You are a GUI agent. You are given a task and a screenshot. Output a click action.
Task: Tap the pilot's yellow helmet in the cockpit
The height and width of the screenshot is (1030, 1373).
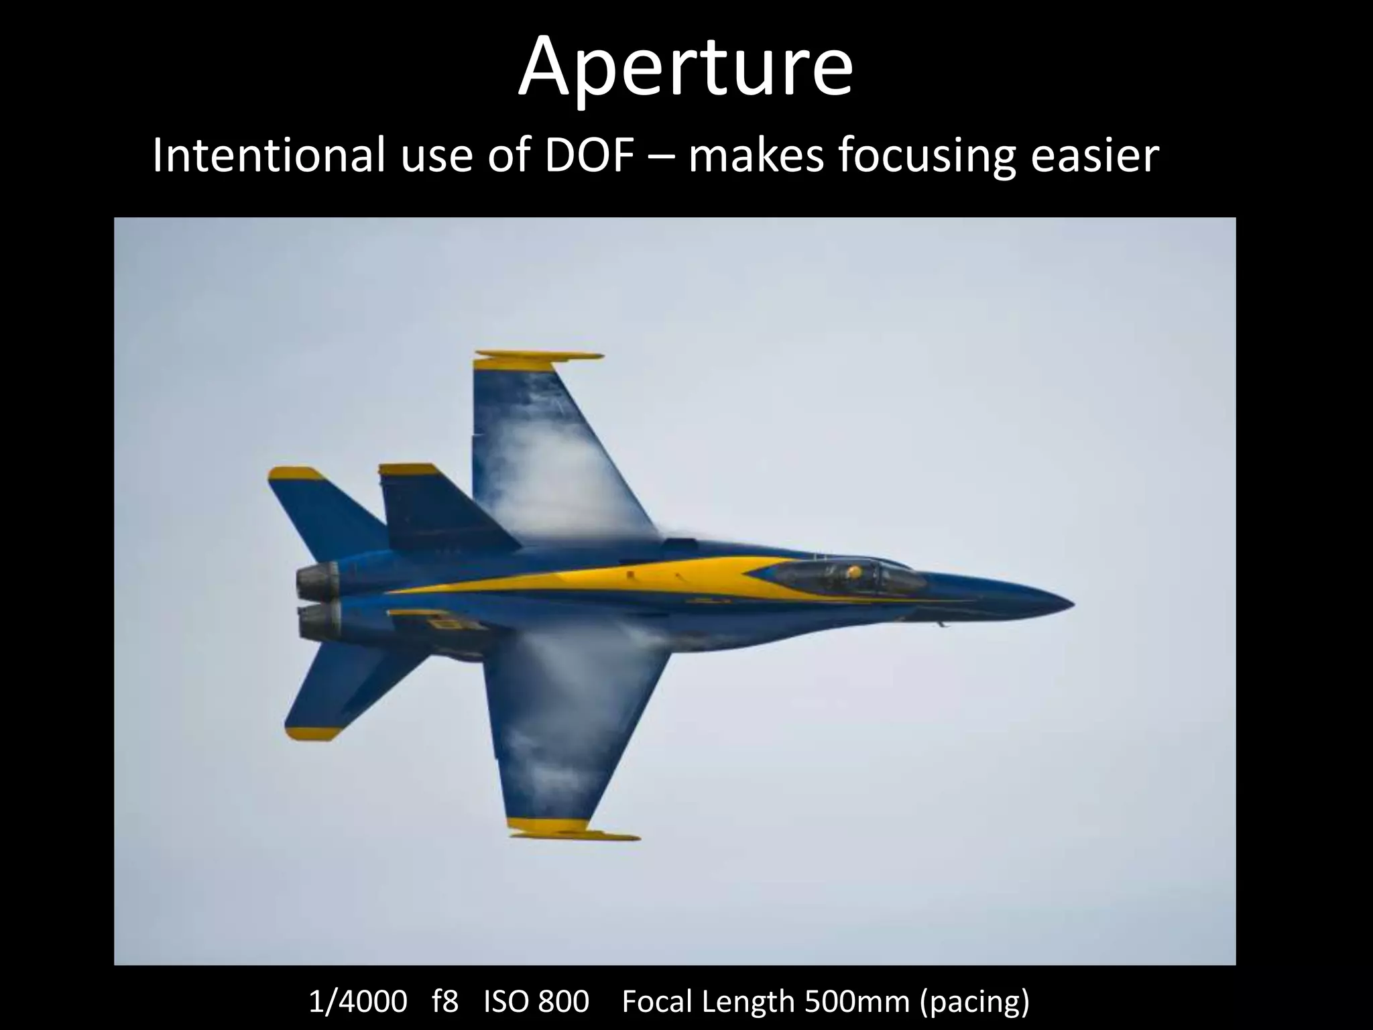(x=853, y=572)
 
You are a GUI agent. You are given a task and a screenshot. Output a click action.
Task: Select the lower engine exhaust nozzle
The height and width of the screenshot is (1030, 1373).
(x=318, y=622)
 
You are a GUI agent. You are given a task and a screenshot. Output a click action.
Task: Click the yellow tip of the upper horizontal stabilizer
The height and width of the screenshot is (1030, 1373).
(x=295, y=474)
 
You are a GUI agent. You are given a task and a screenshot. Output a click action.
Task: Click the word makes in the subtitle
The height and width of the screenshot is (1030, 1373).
(x=756, y=156)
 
